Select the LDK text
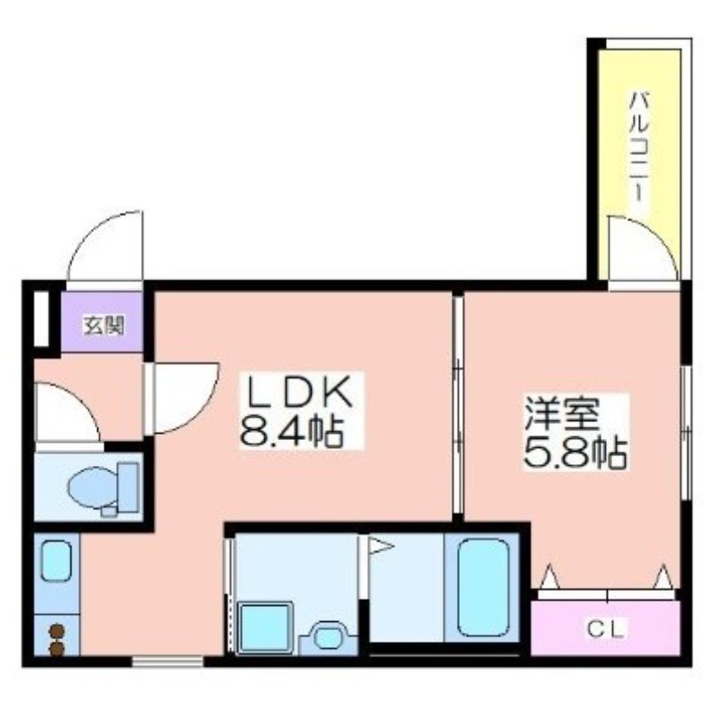point(300,394)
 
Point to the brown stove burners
point(57,641)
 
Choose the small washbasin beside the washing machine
point(327,636)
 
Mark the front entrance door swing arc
point(105,245)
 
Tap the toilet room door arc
point(67,411)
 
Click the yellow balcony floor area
point(640,107)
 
